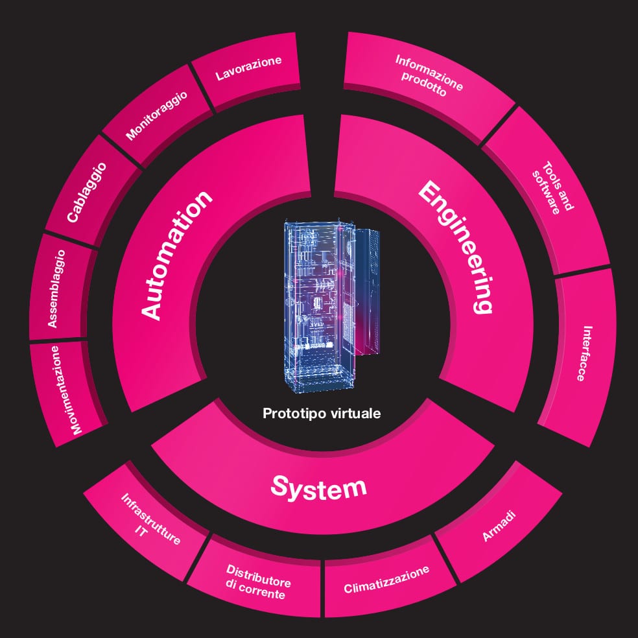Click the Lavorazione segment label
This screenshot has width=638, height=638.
pos(249,69)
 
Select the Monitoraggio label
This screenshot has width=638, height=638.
pos(157,115)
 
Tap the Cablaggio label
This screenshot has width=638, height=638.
pos(86,193)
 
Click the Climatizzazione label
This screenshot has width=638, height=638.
pos(386,580)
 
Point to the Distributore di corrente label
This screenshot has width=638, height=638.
pos(257,581)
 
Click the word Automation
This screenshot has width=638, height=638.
pos(176,255)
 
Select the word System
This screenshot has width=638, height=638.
pos(318,486)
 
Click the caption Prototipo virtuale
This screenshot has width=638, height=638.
pos(322,413)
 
